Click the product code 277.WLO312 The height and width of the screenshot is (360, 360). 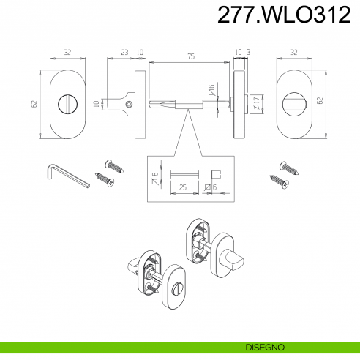[284, 15]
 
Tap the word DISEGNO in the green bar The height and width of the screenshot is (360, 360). [265, 347]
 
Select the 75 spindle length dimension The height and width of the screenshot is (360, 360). [192, 56]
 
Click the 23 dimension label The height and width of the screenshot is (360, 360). [124, 52]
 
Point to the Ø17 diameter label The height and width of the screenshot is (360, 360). [256, 103]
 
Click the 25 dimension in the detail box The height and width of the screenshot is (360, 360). [183, 187]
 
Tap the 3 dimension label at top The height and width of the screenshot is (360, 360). [249, 52]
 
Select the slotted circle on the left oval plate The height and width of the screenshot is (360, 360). [67, 105]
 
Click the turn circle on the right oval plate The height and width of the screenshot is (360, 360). [294, 103]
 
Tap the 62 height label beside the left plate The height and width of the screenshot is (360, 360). [34, 104]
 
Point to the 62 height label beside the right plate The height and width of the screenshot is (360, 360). [320, 100]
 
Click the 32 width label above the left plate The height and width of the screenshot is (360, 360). [67, 52]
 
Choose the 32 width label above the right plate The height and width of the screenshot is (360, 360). [294, 52]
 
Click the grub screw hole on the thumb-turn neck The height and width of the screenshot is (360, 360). [130, 105]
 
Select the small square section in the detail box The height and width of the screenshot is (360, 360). [216, 175]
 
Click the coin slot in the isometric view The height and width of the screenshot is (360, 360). [176, 288]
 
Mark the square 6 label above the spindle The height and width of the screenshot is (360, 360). [211, 89]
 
